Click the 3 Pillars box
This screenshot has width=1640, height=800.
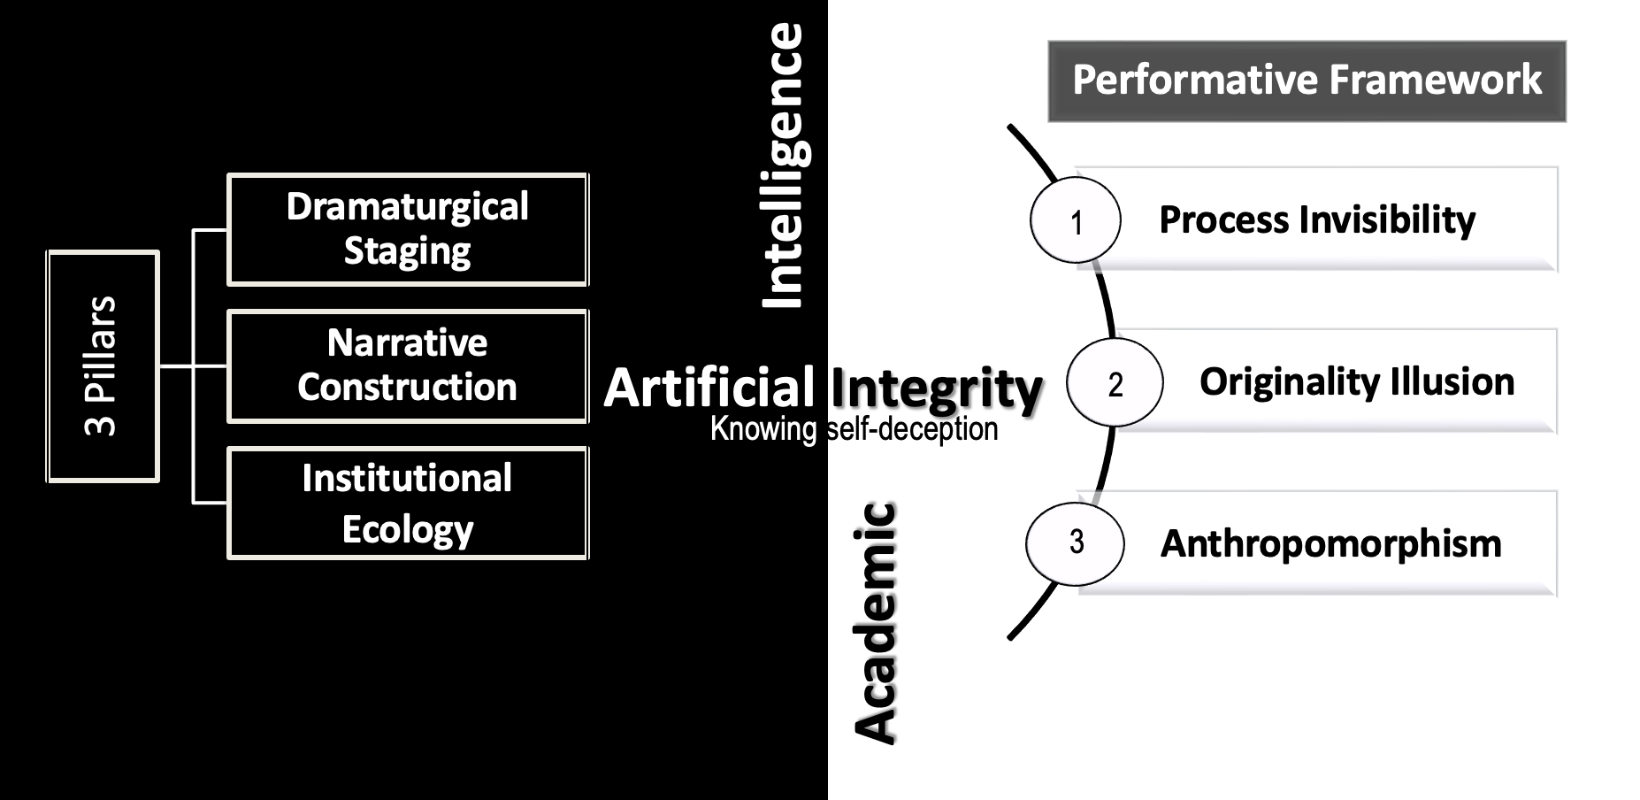[103, 366]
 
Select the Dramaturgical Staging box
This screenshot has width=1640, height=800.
[408, 229]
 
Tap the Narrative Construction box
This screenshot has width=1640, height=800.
[408, 365]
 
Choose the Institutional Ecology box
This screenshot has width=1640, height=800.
[408, 503]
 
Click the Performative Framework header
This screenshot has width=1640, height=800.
[1307, 81]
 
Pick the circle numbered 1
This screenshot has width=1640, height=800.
[1076, 221]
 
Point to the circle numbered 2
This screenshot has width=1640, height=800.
[1115, 383]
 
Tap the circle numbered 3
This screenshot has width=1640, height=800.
[1076, 542]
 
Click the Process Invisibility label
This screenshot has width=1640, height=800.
[1317, 220]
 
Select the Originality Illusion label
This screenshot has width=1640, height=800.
[1357, 382]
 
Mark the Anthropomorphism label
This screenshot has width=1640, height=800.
[1330, 543]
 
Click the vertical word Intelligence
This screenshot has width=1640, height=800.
[784, 165]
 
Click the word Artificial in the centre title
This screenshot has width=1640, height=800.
[709, 388]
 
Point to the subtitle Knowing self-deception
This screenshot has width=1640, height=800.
[854, 429]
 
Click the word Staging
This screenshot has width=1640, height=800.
[408, 251]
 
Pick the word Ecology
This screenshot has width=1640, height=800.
[408, 530]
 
